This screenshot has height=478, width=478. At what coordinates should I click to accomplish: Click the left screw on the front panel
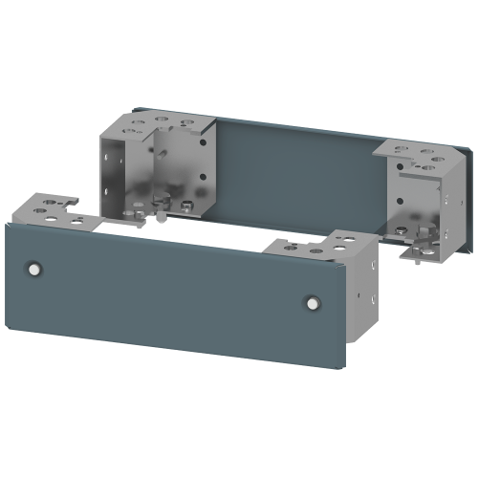pos(35,270)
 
